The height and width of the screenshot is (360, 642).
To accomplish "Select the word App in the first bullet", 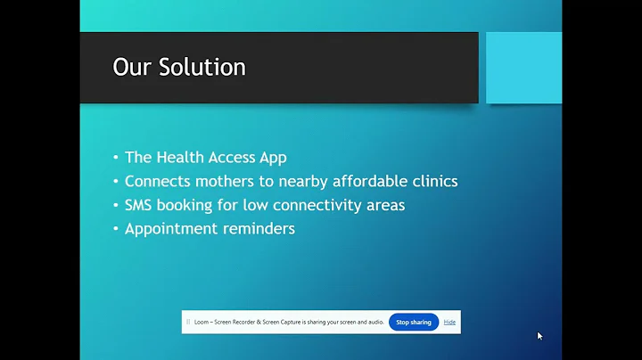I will coord(272,157).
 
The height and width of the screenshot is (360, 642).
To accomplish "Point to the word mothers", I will coord(228,181).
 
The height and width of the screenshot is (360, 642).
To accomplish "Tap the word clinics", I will coord(432,181).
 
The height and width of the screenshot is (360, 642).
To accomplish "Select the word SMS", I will coord(141,205).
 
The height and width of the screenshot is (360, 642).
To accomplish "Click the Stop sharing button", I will coord(414,322).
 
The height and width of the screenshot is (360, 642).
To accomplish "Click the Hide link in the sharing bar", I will coord(449,322).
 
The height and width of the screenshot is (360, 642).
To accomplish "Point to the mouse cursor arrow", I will coord(539,336).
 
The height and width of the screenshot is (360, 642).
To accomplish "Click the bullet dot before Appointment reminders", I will coord(116,229).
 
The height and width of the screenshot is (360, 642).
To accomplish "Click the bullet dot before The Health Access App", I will coord(116,158).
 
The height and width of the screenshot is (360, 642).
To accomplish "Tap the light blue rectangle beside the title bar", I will coord(521,68).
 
